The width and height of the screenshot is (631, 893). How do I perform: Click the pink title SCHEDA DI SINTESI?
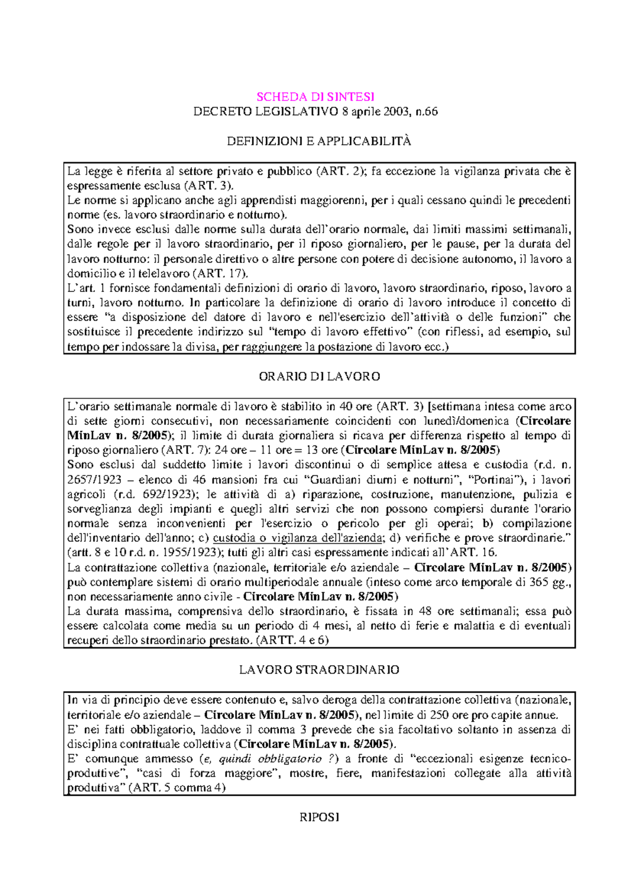(315, 97)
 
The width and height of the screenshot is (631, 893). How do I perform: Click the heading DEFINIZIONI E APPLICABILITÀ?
(319, 141)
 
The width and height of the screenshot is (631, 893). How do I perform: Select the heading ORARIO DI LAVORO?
(319, 377)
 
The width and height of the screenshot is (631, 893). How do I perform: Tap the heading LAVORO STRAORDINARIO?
(319, 670)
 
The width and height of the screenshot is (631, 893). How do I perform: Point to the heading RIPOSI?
(319, 817)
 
